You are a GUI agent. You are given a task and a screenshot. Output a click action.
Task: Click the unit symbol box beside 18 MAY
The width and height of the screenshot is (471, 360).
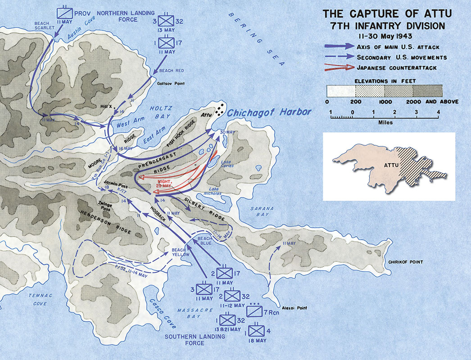click(255, 331)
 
